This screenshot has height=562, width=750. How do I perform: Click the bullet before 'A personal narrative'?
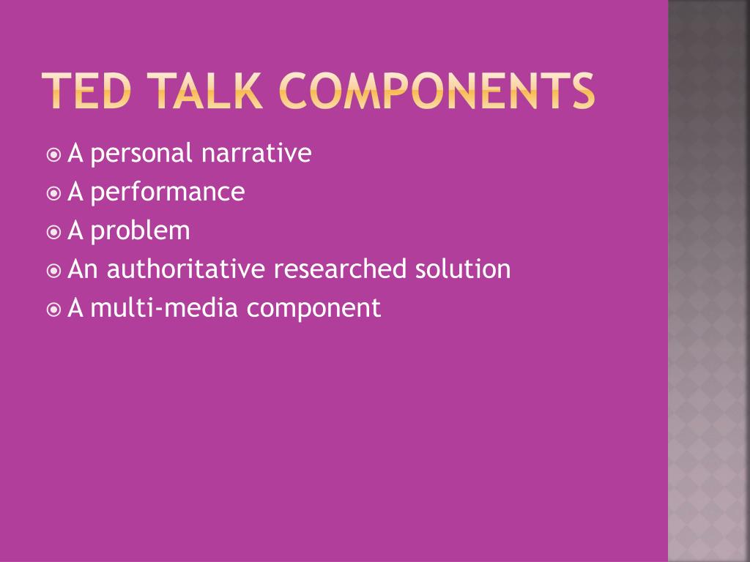tap(53, 155)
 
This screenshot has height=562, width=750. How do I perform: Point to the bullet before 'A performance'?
tap(53, 194)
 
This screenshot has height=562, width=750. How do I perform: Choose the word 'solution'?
tap(464, 270)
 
